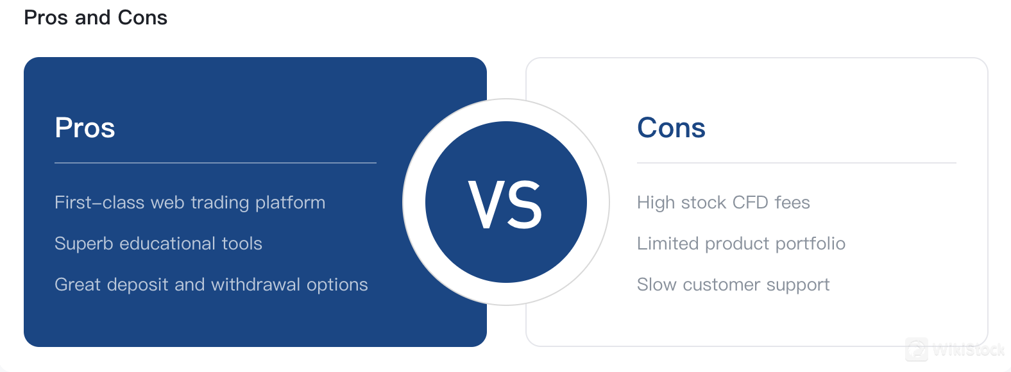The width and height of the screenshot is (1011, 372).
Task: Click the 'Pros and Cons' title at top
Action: coord(96,18)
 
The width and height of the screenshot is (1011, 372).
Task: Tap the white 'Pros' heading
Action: coord(85,127)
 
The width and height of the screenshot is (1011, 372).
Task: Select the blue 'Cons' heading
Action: coord(671,127)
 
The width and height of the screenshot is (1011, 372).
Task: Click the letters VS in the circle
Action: coord(505,204)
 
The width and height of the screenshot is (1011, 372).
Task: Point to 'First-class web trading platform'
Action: coord(190,203)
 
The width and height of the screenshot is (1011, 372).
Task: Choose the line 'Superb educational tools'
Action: coord(158,244)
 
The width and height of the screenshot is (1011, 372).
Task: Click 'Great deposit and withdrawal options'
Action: coord(211,285)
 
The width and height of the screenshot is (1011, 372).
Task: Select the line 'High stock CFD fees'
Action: coord(724,203)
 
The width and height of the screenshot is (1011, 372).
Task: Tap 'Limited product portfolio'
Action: coord(741,244)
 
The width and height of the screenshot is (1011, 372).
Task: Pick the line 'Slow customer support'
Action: coord(733,285)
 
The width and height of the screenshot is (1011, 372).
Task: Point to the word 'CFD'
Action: coord(750,203)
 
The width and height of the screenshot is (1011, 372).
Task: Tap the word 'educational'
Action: coord(167,244)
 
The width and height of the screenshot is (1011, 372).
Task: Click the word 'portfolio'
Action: coord(811,244)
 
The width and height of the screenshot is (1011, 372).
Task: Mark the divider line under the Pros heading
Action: coord(216,163)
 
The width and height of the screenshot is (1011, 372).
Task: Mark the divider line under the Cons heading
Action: coord(797,163)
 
